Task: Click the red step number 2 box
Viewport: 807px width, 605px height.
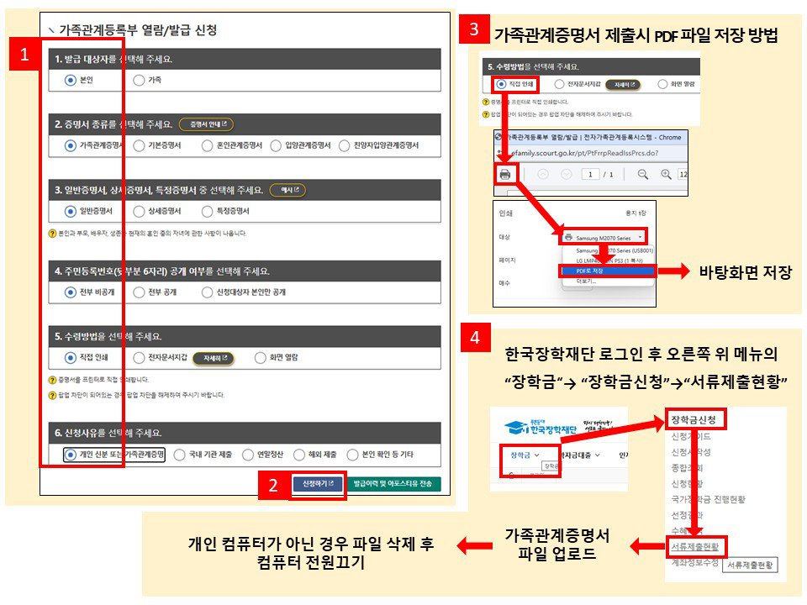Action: [x=273, y=485]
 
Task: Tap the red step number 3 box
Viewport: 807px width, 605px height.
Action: [x=474, y=29]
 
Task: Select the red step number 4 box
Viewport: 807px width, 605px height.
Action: [x=476, y=338]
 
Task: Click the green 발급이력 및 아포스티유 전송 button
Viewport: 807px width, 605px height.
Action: [x=393, y=484]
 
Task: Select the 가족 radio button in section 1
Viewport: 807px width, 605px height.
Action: [x=139, y=80]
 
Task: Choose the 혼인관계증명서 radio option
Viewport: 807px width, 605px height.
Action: [x=207, y=145]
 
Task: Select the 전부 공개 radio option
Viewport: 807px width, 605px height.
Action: [x=139, y=292]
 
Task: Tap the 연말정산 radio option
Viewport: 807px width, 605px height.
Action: [x=248, y=455]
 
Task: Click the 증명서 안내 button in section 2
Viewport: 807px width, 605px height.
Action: [x=205, y=124]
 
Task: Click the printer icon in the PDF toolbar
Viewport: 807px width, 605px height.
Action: [x=505, y=174]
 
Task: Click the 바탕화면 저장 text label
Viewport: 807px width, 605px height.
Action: [x=745, y=271]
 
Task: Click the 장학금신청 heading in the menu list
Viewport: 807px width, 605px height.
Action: [x=694, y=418]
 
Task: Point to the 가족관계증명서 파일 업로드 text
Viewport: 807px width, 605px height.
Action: [x=556, y=545]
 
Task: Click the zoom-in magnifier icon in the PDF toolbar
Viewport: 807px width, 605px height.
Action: [x=666, y=174]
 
